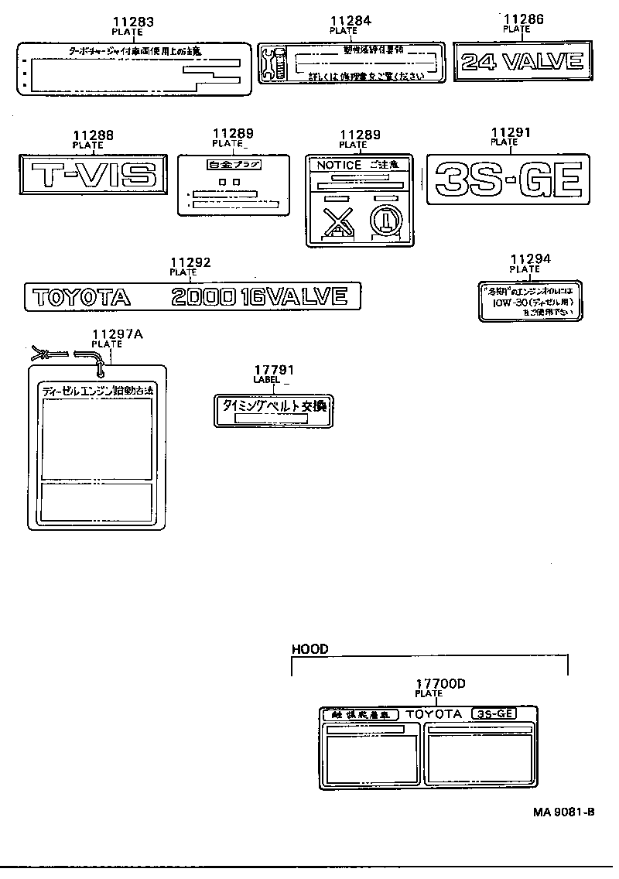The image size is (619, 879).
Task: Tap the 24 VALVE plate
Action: [x=522, y=61]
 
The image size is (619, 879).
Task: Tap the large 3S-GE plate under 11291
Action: [x=508, y=180]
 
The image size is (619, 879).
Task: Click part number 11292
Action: [x=190, y=262]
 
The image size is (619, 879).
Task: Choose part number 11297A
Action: [x=118, y=333]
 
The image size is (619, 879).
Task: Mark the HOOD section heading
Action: [x=309, y=649]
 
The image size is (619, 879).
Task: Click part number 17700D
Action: [x=439, y=683]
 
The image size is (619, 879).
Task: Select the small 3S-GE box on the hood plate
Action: [x=492, y=713]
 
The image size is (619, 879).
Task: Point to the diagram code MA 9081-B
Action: [x=563, y=812]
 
